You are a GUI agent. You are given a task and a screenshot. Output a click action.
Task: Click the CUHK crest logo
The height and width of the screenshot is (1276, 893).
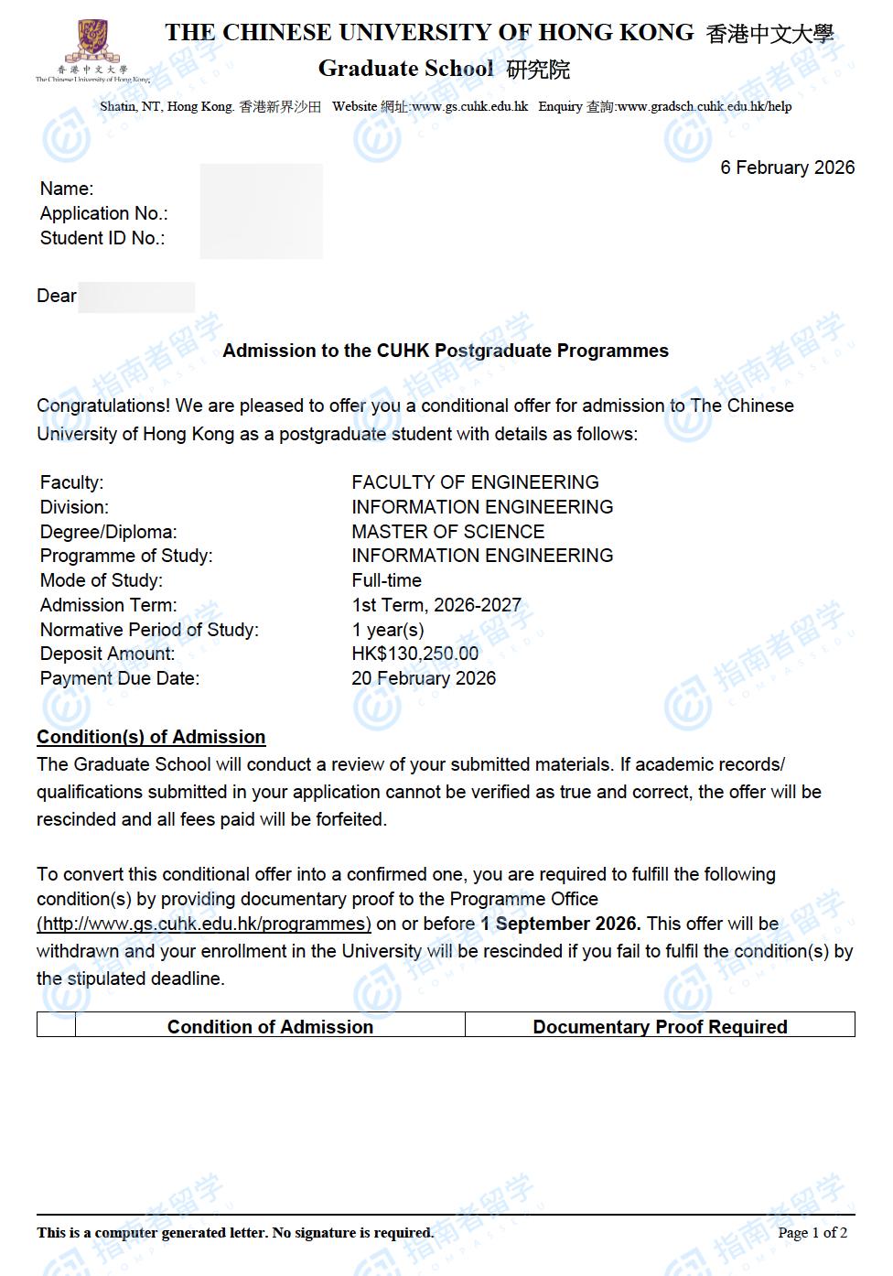point(91,42)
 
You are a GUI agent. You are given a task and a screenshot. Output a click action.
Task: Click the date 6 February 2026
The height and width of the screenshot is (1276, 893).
point(787,168)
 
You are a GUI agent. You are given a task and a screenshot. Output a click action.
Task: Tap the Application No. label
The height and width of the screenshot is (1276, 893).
point(103,213)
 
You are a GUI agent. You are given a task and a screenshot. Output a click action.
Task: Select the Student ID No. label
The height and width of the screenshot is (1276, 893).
point(102,238)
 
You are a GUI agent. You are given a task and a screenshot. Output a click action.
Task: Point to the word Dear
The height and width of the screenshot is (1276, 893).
point(57,296)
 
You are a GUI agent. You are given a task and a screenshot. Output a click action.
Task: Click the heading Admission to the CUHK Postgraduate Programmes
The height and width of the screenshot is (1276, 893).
point(446,351)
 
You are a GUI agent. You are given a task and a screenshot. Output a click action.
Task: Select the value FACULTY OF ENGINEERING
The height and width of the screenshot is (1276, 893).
point(475,482)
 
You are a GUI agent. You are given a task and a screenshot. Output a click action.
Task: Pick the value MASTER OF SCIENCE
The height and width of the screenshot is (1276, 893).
point(447,532)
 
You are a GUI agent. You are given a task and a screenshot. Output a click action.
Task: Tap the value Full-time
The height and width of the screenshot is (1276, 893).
point(386,580)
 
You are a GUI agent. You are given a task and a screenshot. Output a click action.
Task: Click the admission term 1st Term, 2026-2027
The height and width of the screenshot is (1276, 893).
point(436,605)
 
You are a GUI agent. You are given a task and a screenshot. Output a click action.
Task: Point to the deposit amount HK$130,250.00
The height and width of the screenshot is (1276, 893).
point(414,654)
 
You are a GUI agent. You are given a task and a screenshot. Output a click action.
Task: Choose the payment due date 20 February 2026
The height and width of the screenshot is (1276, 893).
point(424,678)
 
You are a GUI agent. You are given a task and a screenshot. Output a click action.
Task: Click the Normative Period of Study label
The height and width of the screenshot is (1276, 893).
point(149,630)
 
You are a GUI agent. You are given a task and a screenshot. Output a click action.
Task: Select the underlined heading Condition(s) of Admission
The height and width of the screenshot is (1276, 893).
point(151,737)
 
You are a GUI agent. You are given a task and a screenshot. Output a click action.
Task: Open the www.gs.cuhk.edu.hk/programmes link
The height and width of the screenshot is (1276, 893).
point(204,924)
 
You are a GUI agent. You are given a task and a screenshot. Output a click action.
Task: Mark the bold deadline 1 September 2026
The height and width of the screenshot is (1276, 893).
point(560,924)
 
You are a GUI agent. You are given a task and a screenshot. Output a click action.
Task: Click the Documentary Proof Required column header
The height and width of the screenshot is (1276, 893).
point(660,1027)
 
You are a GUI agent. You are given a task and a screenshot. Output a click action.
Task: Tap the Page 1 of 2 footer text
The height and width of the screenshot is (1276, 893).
point(812,1233)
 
